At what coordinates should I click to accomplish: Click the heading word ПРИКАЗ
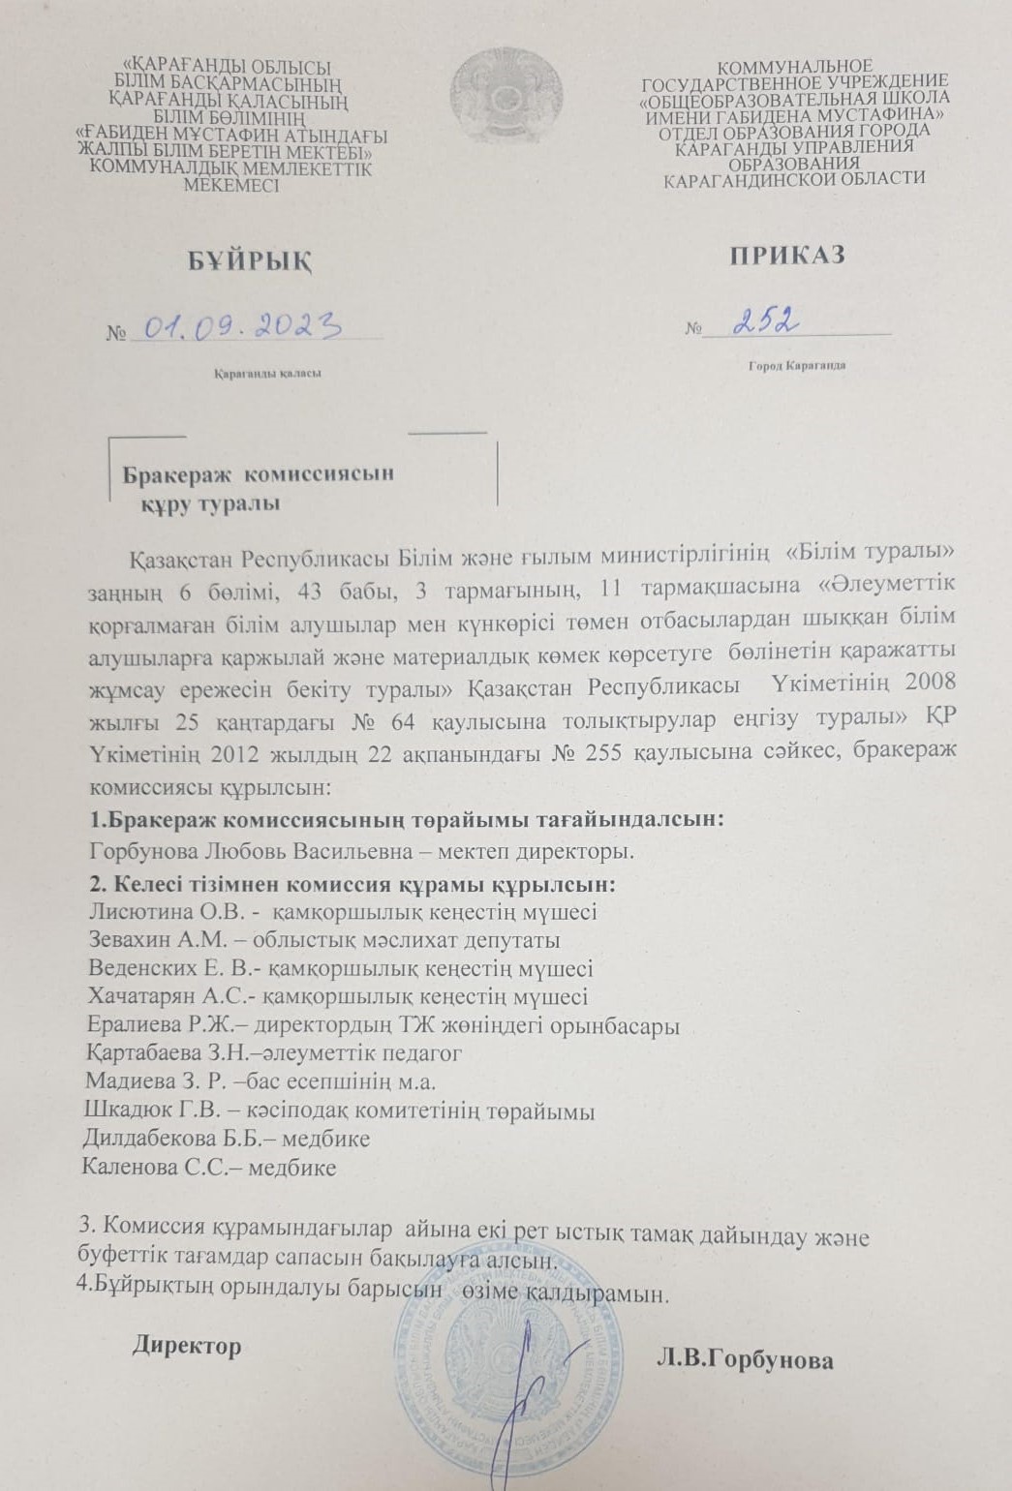click(787, 255)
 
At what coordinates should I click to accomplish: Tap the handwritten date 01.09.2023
click(243, 326)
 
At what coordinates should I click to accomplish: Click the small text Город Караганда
click(797, 367)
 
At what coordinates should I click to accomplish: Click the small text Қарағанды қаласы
click(268, 373)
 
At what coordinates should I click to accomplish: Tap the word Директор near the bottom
click(187, 1346)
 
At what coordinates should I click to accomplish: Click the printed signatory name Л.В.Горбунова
click(745, 1360)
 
